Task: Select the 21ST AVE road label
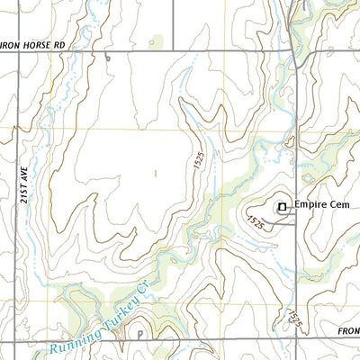[24, 191]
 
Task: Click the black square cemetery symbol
[282, 207]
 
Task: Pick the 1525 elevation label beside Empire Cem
[255, 220]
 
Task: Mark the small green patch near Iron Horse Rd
[157, 41]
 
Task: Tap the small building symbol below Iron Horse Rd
[106, 58]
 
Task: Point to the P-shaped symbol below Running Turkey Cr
[140, 333]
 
